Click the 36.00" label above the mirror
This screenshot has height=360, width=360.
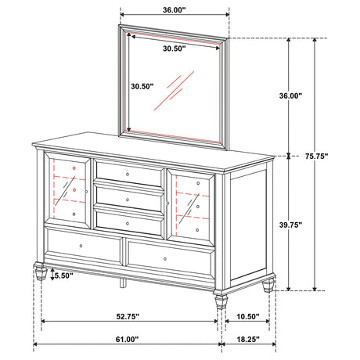(173, 11)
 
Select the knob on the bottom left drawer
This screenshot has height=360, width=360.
(82, 246)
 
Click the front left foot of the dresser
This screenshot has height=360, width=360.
(40, 274)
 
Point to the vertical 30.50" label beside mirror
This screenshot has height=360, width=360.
(142, 86)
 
